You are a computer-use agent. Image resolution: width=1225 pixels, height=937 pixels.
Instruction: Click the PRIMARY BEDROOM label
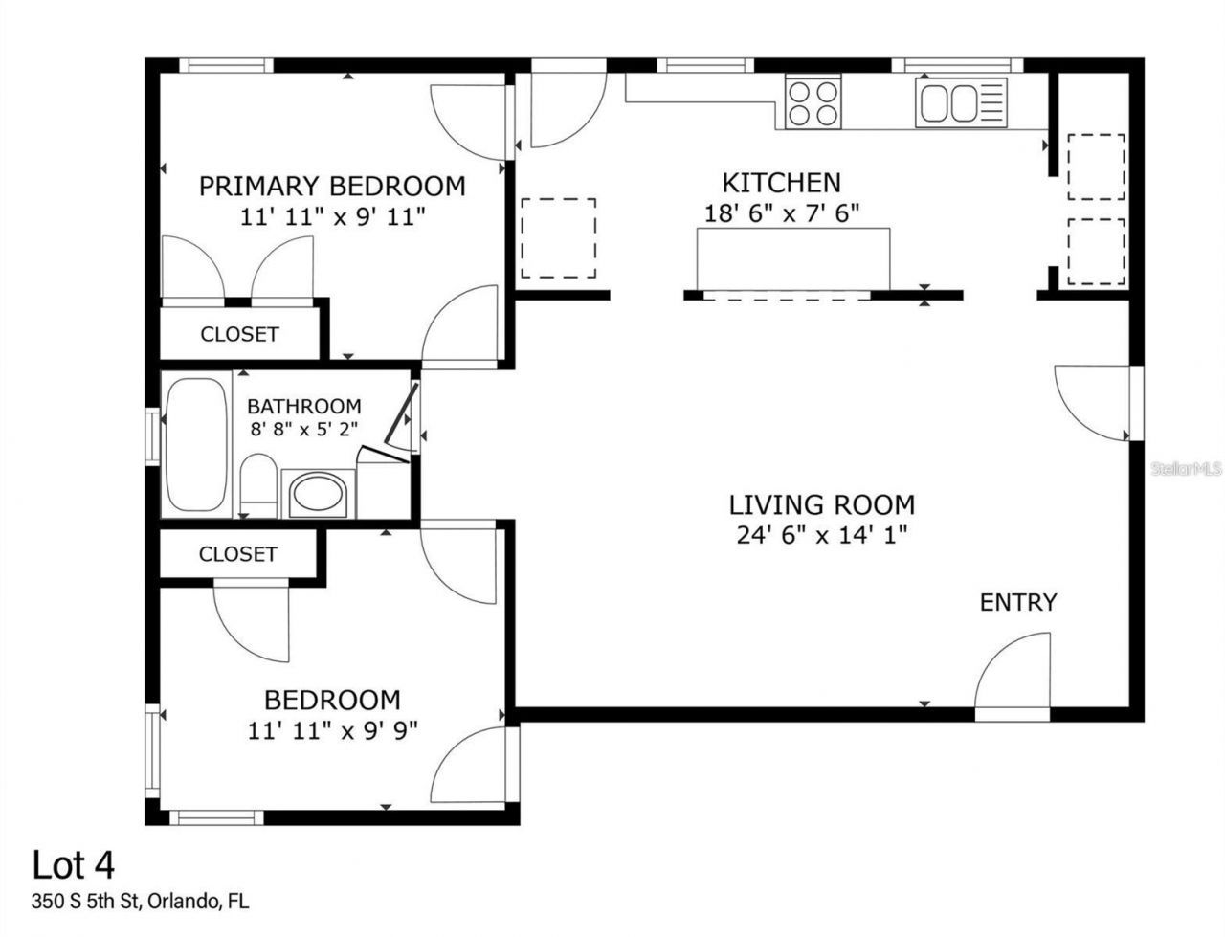[332, 186]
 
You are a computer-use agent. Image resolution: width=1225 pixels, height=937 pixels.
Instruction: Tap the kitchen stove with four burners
[813, 102]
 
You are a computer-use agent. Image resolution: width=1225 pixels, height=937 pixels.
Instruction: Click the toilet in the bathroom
[258, 486]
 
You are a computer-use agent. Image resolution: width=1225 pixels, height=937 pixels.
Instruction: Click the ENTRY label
[1018, 602]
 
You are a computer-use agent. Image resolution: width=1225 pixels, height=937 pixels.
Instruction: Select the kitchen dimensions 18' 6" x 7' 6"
[782, 212]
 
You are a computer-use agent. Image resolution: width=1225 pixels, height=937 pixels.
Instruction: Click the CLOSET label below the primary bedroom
[239, 334]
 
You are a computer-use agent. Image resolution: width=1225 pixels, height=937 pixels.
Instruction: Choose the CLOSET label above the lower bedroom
[238, 554]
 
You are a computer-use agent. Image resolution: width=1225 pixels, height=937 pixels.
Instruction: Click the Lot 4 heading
[74, 865]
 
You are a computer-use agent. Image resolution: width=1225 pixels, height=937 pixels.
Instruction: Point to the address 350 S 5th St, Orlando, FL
[141, 901]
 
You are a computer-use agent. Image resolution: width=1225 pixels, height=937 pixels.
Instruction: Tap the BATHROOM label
[304, 406]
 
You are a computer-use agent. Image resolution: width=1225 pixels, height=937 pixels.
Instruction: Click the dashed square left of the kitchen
[559, 238]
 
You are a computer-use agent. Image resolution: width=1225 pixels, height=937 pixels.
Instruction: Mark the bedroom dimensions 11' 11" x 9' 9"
[332, 731]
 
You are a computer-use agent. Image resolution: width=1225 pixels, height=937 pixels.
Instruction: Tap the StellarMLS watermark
[1187, 469]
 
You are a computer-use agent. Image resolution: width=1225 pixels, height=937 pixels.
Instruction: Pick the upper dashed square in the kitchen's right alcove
[1096, 167]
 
